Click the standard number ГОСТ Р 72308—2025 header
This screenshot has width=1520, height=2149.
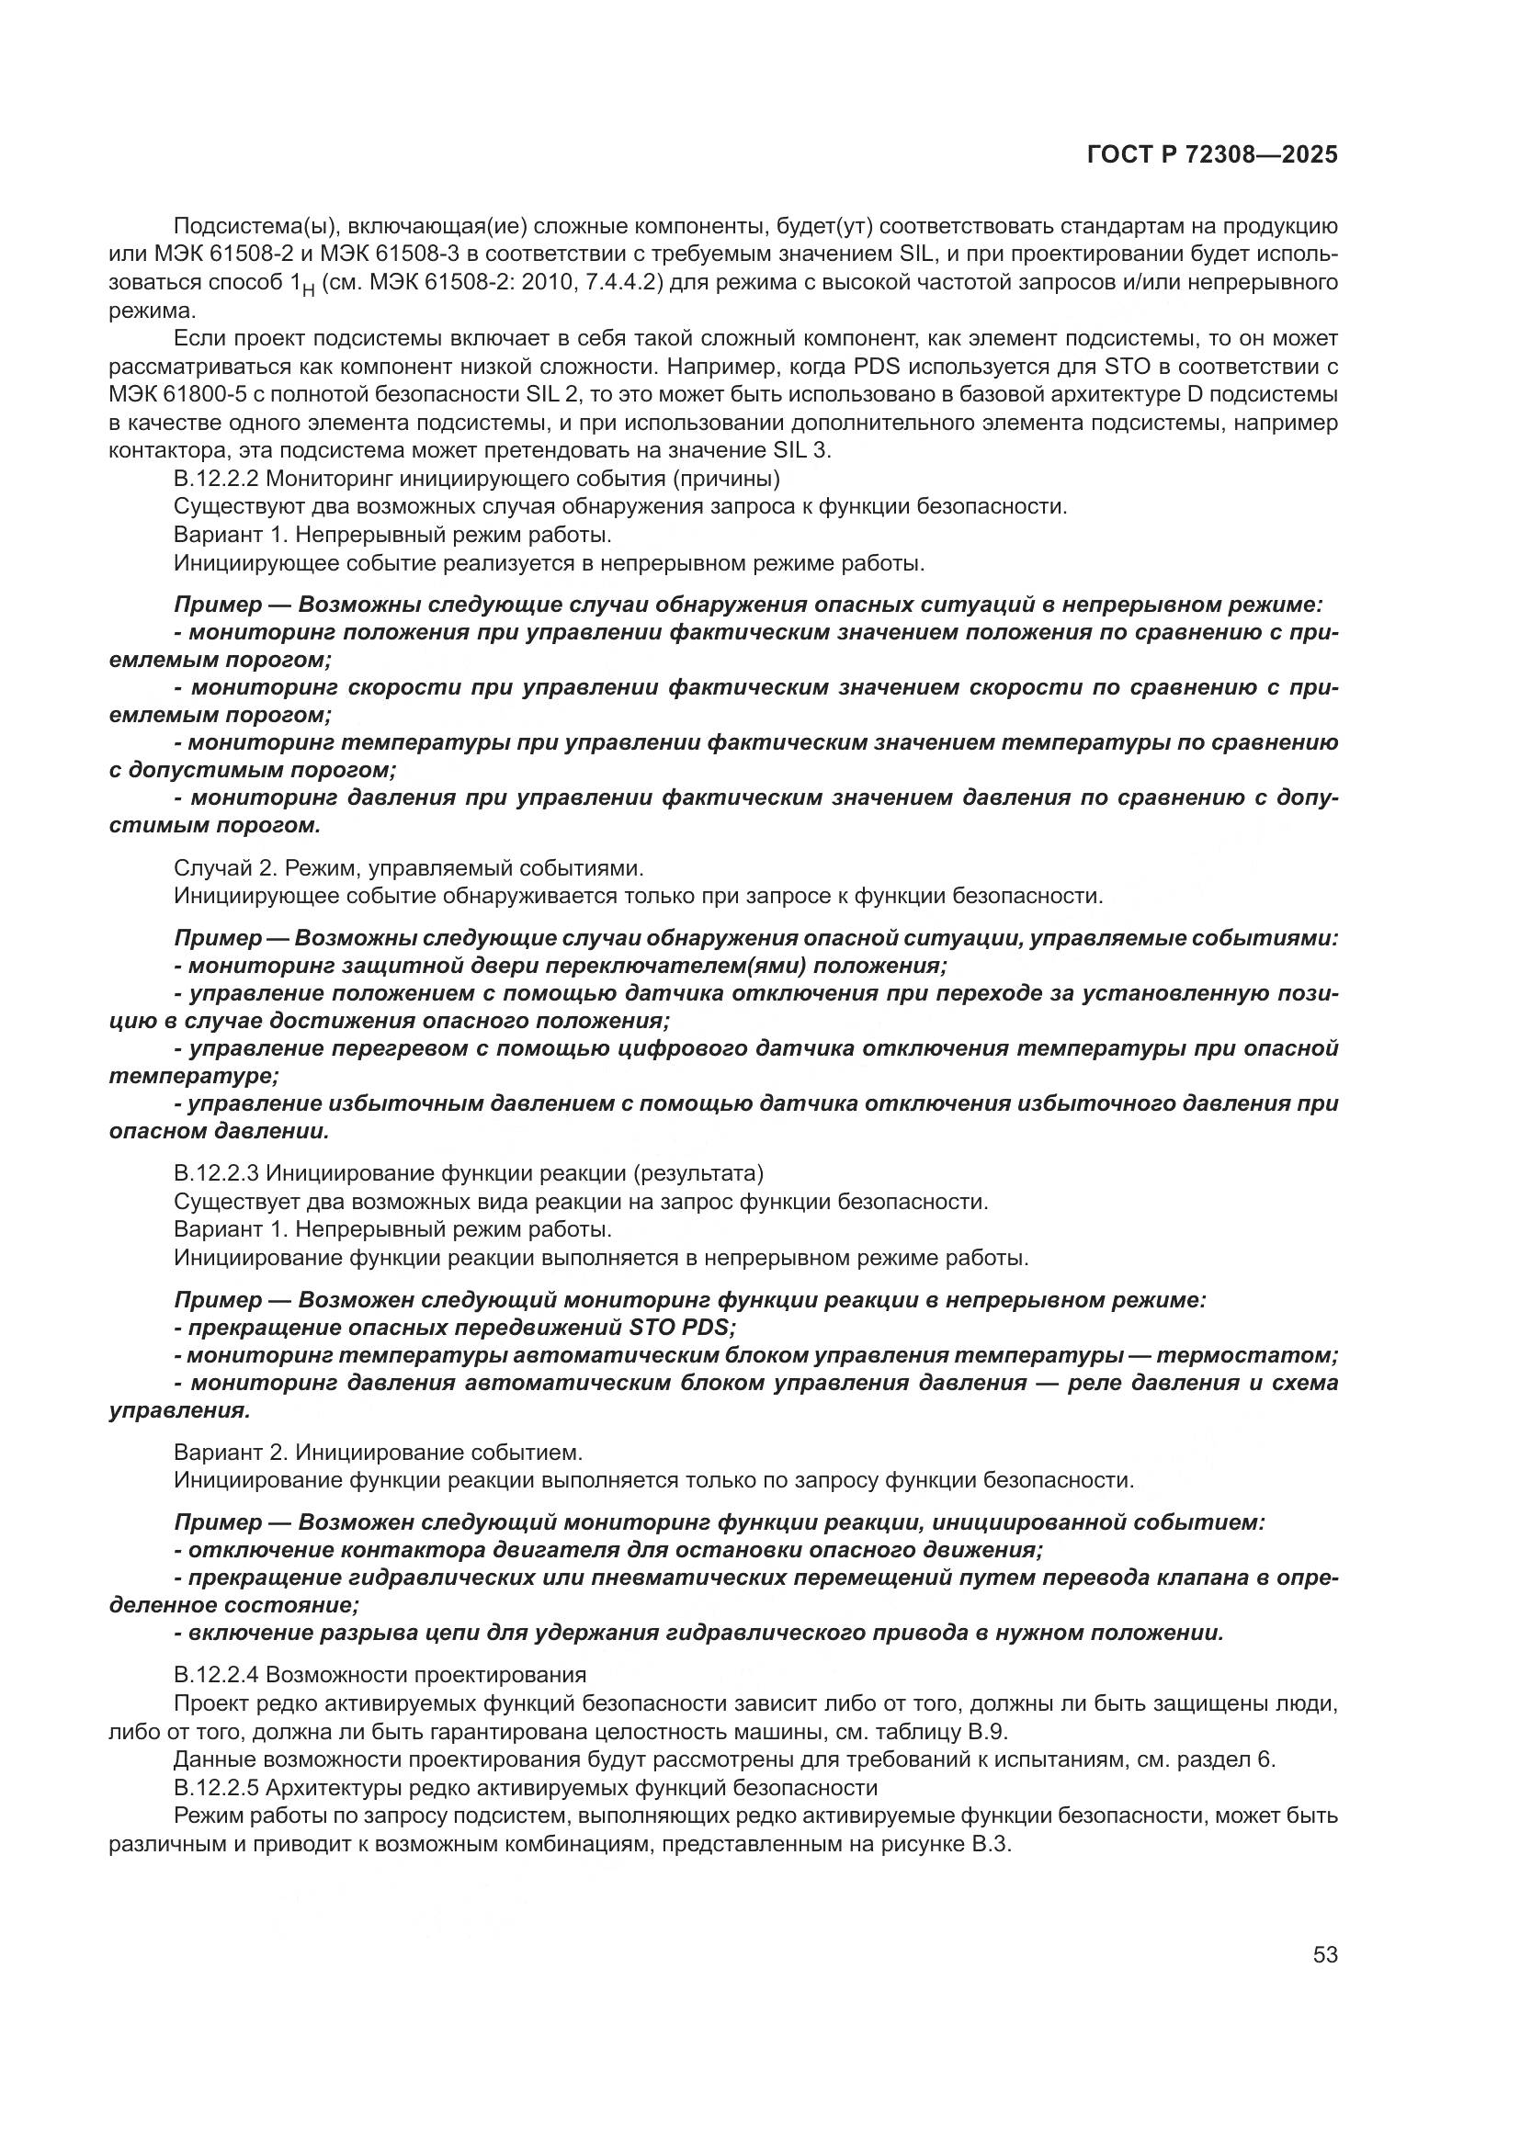click(x=1212, y=155)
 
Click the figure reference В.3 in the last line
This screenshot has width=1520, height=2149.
click(x=992, y=1845)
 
